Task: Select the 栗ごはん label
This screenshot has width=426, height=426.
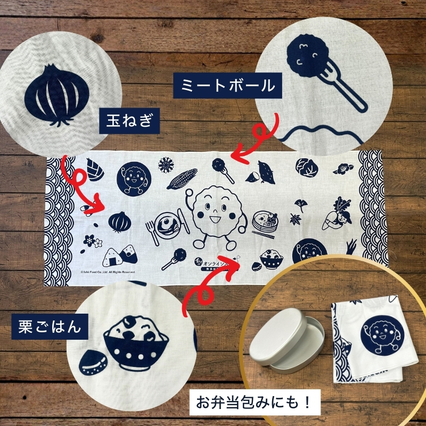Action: tap(47, 326)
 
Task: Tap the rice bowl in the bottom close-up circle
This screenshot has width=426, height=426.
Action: tap(133, 344)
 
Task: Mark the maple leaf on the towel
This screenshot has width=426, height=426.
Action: tap(294, 219)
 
